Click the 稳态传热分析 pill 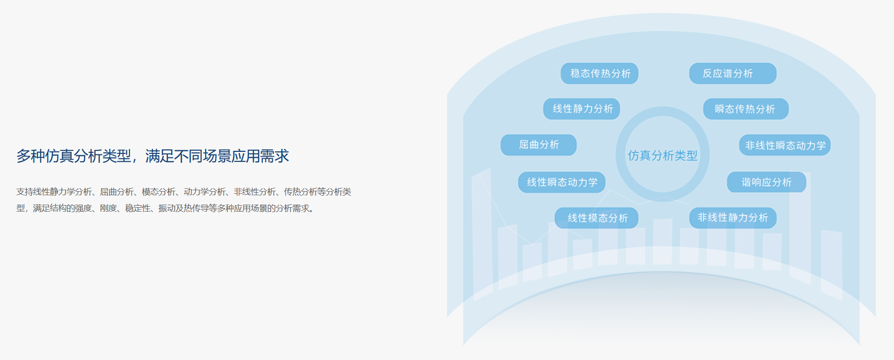click(599, 73)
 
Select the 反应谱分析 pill click(733, 73)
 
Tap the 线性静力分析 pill click(581, 109)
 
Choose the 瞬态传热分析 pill click(746, 109)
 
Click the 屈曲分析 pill click(539, 145)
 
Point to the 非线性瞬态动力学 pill click(784, 145)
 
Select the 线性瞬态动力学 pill click(562, 182)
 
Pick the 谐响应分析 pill click(767, 182)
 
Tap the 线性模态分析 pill click(596, 218)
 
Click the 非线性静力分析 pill click(733, 218)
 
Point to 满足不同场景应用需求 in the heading click(217, 156)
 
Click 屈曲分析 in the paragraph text click(116, 192)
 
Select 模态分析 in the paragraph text click(158, 192)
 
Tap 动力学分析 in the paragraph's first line click(205, 192)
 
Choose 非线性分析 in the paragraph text click(255, 192)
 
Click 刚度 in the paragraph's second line click(108, 208)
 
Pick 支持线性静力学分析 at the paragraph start click(54, 192)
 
